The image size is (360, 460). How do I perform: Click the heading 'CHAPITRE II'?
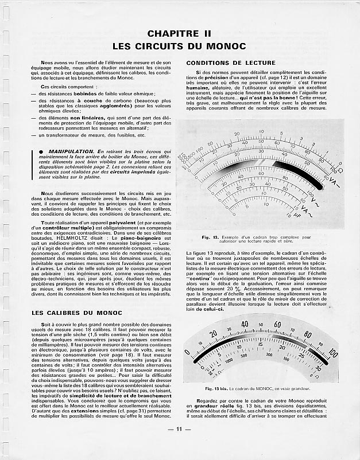point(180,34)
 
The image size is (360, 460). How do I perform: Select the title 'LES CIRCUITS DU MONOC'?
point(180,45)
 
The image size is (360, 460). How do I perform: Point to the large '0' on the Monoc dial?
point(187,352)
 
